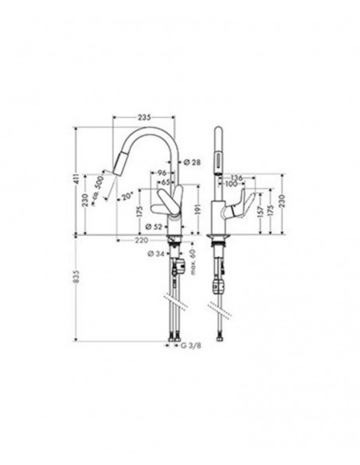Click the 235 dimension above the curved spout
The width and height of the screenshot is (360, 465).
point(143,118)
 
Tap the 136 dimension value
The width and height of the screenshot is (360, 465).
point(237,177)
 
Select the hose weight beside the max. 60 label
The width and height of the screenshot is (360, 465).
point(181,267)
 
